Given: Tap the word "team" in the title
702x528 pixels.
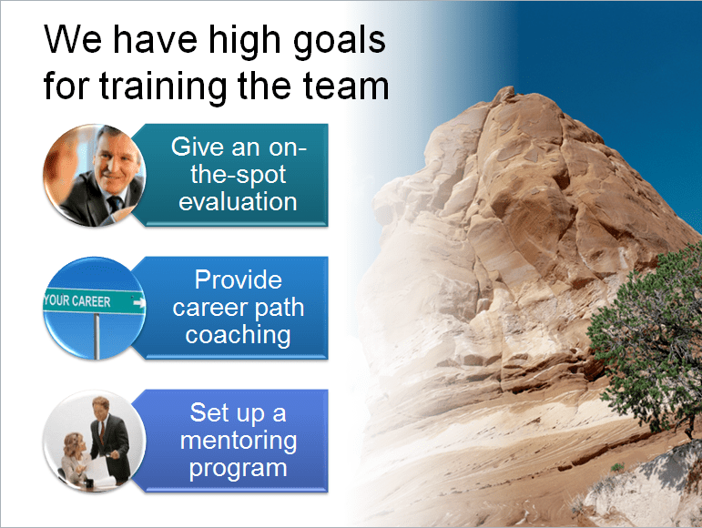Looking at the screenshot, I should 350,86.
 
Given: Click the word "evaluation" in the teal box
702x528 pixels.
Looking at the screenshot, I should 238,200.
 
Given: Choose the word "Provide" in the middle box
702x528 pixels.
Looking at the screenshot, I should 238,280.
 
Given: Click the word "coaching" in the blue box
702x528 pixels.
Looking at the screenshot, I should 238,334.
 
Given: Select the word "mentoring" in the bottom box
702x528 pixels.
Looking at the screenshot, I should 238,442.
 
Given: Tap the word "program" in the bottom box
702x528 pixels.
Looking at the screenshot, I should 238,469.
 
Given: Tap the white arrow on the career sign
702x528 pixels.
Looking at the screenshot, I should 137,301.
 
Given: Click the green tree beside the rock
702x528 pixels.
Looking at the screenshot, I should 651,319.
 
